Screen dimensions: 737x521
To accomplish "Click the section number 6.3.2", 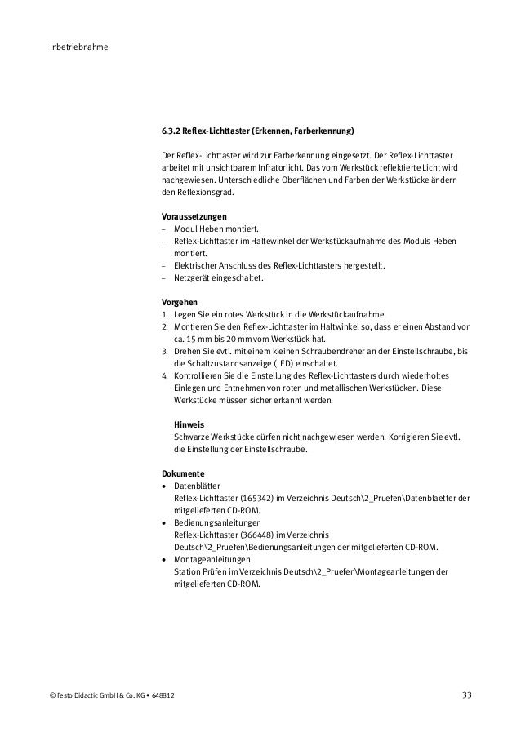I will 170,131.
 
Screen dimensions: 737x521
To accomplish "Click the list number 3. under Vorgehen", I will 165,351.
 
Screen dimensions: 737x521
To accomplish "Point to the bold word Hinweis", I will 189,424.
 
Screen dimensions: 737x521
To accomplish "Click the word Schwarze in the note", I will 193,437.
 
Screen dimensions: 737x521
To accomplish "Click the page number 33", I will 466,695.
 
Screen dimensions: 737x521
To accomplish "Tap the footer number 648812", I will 159,695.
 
